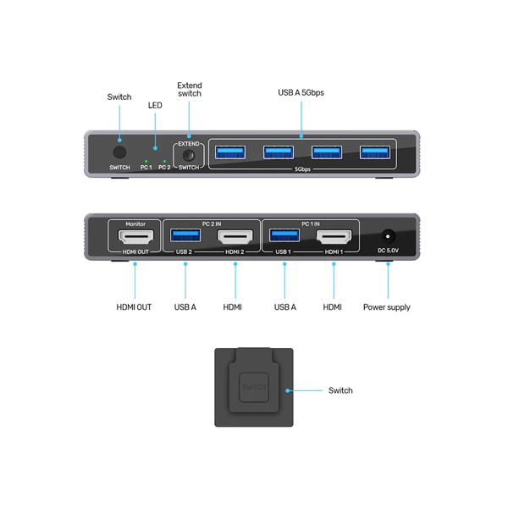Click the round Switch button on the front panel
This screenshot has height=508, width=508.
119,153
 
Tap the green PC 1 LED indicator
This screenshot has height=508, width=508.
146,160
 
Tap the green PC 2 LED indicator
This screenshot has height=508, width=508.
164,160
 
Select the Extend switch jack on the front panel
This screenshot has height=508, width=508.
189,155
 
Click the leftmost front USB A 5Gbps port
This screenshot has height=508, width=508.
229,152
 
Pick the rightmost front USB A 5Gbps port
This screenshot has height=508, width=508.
375,152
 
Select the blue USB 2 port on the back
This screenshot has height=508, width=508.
185,235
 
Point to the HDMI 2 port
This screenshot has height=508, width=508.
235,236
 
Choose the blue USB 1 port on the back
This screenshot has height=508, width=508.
284,235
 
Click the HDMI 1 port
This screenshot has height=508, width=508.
334,236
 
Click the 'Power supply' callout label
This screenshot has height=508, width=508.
387,307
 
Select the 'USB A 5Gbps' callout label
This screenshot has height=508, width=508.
301,92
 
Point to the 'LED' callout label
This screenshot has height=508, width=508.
155,106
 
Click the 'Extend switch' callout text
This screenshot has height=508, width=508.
189,89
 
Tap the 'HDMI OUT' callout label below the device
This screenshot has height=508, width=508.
134,307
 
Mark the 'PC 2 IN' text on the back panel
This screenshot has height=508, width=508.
211,224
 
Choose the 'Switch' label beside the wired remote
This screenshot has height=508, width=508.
340,390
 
